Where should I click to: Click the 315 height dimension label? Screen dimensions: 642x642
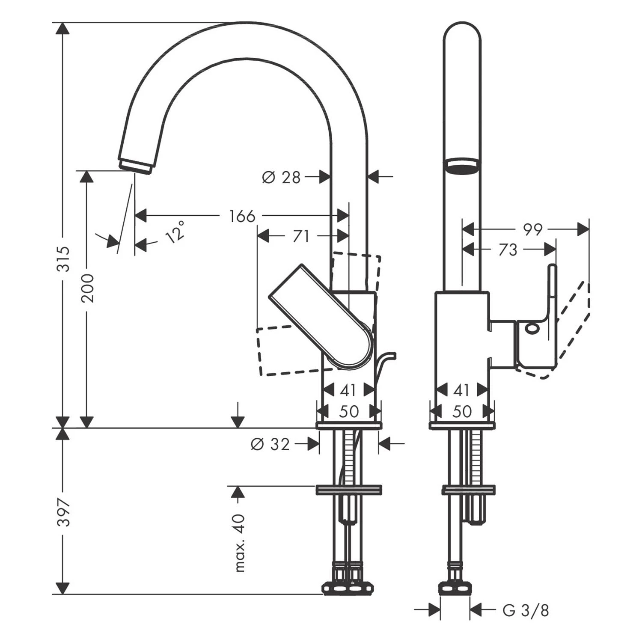click(63, 259)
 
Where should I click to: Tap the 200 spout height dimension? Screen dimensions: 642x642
click(88, 288)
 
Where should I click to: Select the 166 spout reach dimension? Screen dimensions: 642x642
click(242, 216)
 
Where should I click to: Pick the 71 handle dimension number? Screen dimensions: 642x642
click(300, 236)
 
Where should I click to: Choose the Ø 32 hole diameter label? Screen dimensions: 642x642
click(270, 445)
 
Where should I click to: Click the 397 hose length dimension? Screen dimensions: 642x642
click(63, 512)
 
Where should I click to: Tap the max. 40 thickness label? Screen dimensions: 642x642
click(240, 543)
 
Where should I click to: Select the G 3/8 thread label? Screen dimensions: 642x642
click(526, 610)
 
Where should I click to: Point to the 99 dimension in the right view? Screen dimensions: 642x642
click(532, 230)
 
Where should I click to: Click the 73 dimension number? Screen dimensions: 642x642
click(508, 250)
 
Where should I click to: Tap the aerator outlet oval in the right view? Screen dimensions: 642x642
click(462, 166)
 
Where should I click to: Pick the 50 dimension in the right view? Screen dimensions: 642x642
click(462, 412)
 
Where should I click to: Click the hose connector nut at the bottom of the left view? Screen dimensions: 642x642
click(348, 587)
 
